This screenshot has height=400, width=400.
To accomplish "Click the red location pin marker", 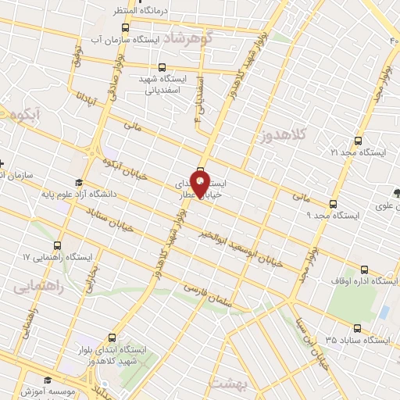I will click(x=200, y=185).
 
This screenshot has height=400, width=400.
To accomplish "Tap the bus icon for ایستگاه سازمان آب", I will click(x=126, y=27).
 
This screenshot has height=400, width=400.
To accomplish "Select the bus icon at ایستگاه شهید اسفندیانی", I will click(x=162, y=68).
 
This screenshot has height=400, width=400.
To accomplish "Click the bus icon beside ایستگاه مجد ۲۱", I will click(x=358, y=141).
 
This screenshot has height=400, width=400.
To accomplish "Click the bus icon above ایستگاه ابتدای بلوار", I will click(x=113, y=337).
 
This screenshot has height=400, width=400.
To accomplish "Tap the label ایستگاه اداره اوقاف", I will click(x=366, y=280).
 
